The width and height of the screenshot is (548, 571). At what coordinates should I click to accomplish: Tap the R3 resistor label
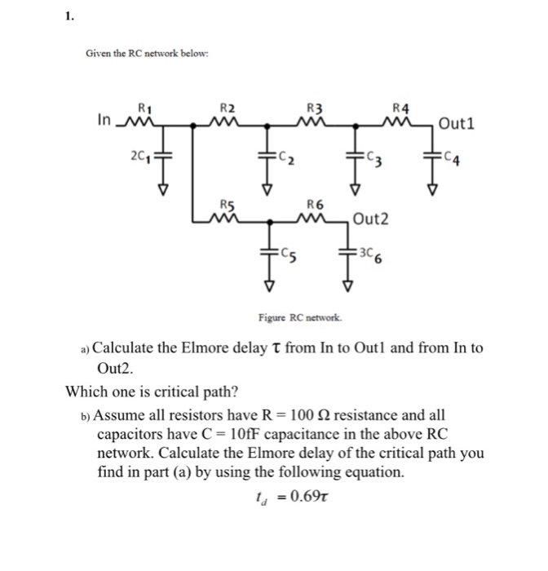[312, 107]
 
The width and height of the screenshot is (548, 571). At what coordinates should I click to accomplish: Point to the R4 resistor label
[400, 107]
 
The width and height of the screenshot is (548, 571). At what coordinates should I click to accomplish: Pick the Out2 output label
[371, 219]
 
